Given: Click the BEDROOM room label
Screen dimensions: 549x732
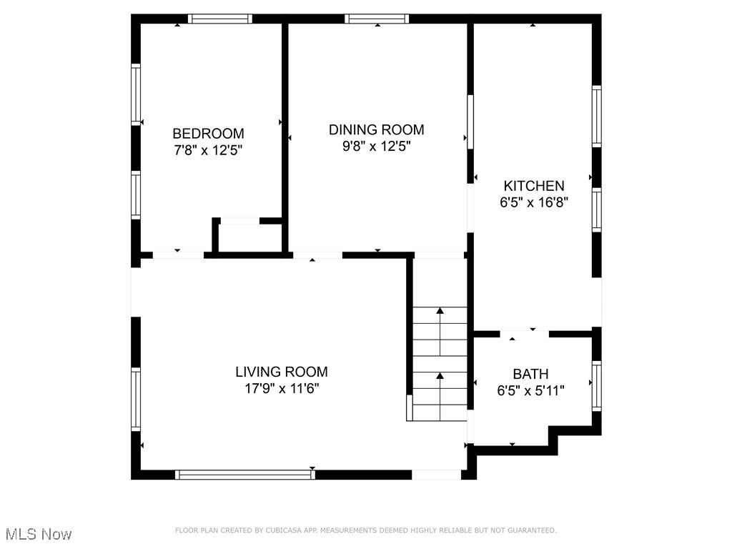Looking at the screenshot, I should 208,134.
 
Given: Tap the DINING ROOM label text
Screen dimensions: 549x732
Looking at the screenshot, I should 376,129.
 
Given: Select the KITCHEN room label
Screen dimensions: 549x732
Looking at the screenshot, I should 533,186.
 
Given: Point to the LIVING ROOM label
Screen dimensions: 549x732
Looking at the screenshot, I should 282,372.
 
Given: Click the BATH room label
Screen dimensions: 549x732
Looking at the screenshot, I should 530,374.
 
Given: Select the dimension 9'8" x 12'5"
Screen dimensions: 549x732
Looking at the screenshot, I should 376,147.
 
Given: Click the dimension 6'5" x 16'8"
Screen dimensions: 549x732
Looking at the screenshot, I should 533,202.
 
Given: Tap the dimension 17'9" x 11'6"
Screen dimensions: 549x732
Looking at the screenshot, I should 282,389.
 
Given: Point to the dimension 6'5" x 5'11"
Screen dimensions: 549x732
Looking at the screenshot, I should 530,391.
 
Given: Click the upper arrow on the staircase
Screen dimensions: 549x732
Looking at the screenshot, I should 440,311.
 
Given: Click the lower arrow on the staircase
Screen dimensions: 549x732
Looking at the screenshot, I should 440,375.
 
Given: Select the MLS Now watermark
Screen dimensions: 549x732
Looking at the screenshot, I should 39,534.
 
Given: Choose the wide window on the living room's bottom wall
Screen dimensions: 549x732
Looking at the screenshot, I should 245,474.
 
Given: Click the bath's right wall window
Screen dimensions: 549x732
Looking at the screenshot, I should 596,386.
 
